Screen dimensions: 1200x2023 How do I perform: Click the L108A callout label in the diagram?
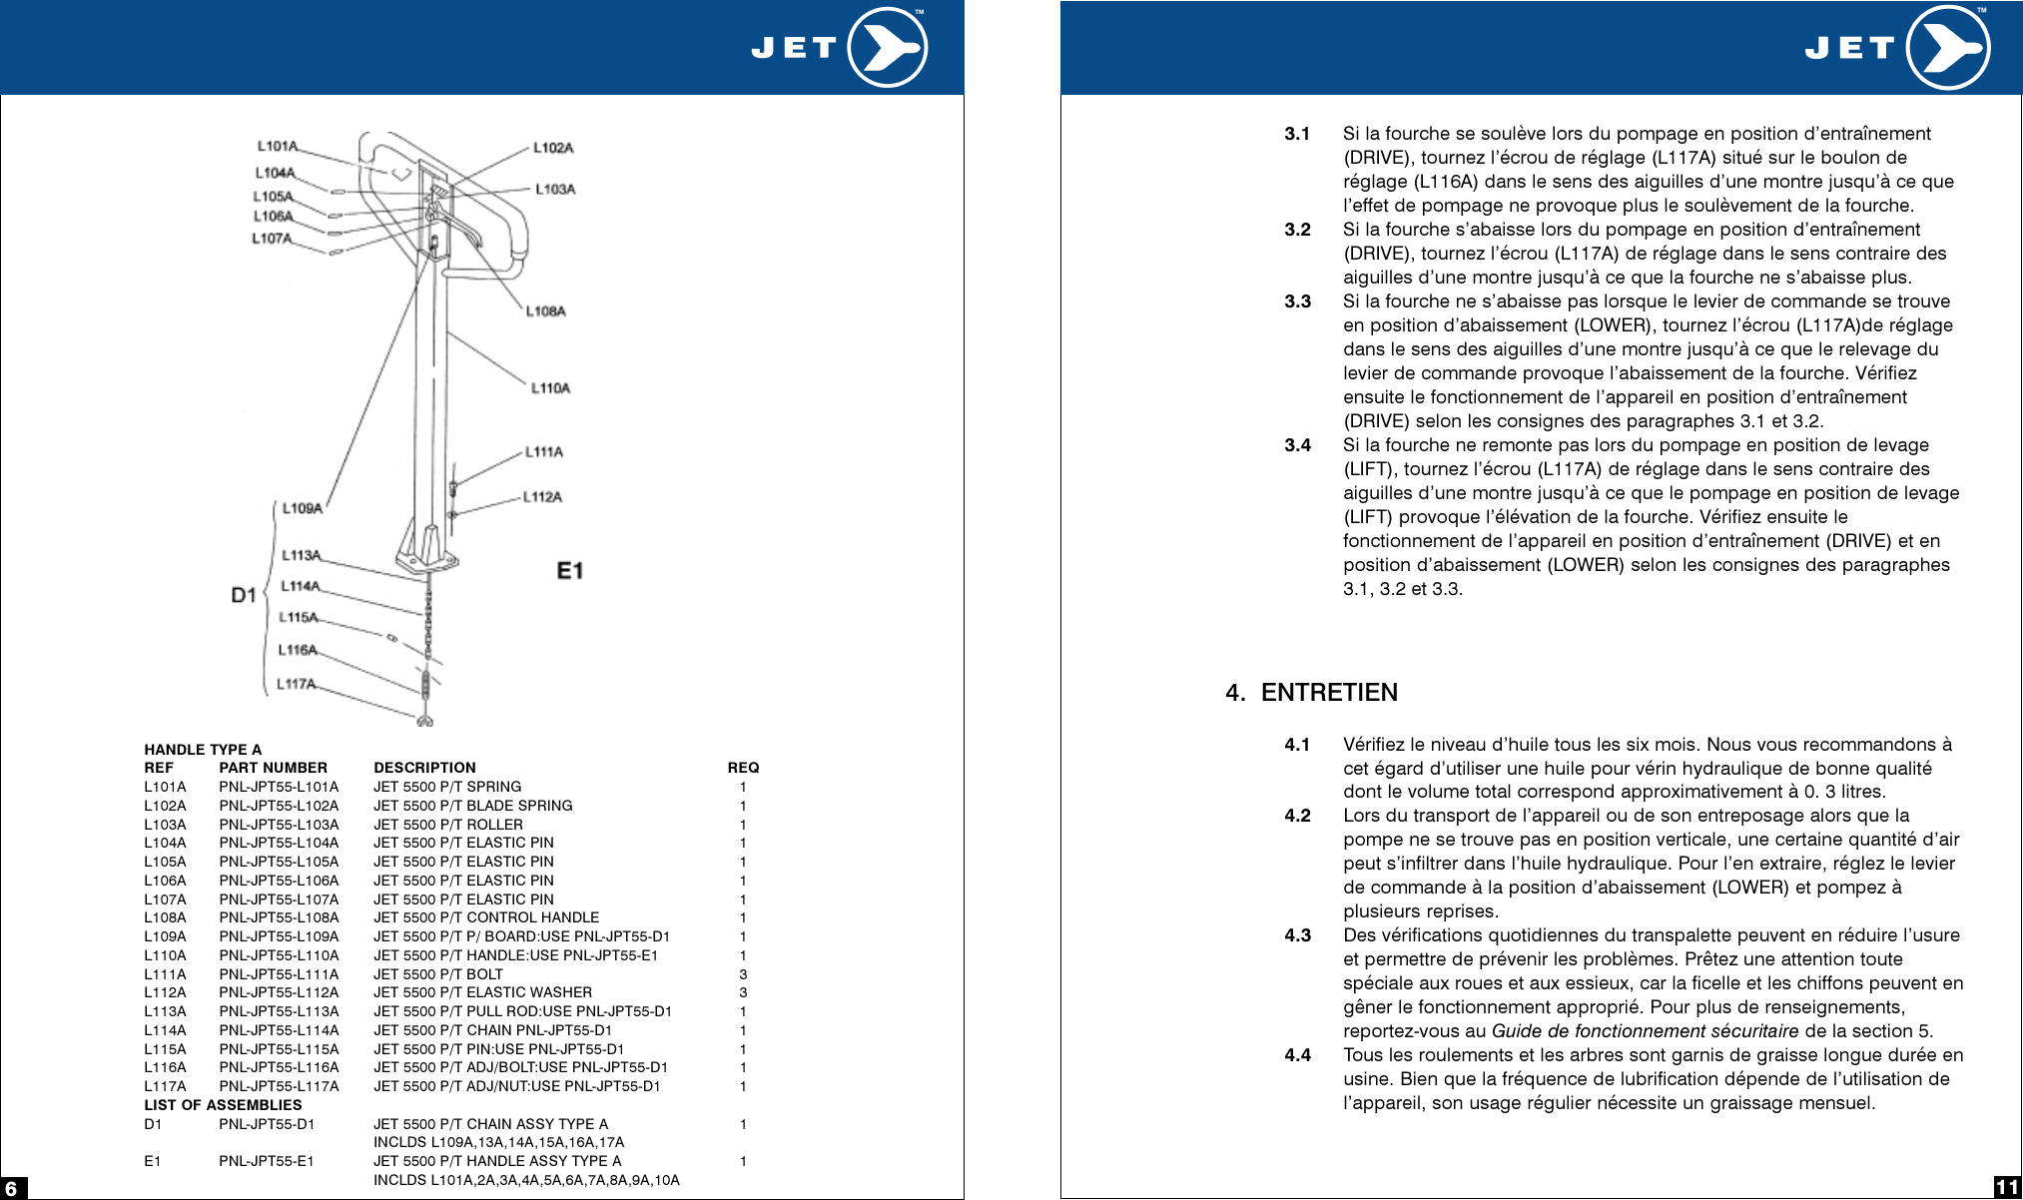point(546,311)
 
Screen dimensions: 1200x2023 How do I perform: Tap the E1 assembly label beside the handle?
point(570,571)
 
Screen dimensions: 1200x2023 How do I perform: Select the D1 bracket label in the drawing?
point(244,595)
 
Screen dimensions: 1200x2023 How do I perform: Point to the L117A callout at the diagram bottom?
point(296,684)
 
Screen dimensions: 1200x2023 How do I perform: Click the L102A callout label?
point(553,148)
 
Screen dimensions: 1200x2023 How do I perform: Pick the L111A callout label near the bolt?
point(544,452)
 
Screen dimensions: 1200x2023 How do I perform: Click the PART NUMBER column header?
point(273,768)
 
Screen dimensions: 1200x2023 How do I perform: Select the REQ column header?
point(743,768)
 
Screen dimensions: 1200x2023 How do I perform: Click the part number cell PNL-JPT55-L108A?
point(279,917)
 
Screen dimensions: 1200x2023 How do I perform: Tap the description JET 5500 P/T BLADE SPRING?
point(472,806)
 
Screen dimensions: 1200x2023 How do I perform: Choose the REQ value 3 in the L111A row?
point(743,974)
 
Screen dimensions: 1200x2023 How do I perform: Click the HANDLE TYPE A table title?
point(203,750)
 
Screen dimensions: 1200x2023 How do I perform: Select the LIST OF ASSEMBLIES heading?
point(223,1105)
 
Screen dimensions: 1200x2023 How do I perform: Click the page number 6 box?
point(12,1188)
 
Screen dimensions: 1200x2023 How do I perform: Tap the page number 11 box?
point(2007,1187)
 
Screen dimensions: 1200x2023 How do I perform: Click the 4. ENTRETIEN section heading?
point(1311,693)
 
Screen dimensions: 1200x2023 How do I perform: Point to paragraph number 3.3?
point(1297,301)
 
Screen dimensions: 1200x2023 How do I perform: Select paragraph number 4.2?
point(1297,816)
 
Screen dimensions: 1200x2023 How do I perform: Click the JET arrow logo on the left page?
point(888,47)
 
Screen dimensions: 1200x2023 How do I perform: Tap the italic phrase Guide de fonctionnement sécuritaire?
point(1645,1031)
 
